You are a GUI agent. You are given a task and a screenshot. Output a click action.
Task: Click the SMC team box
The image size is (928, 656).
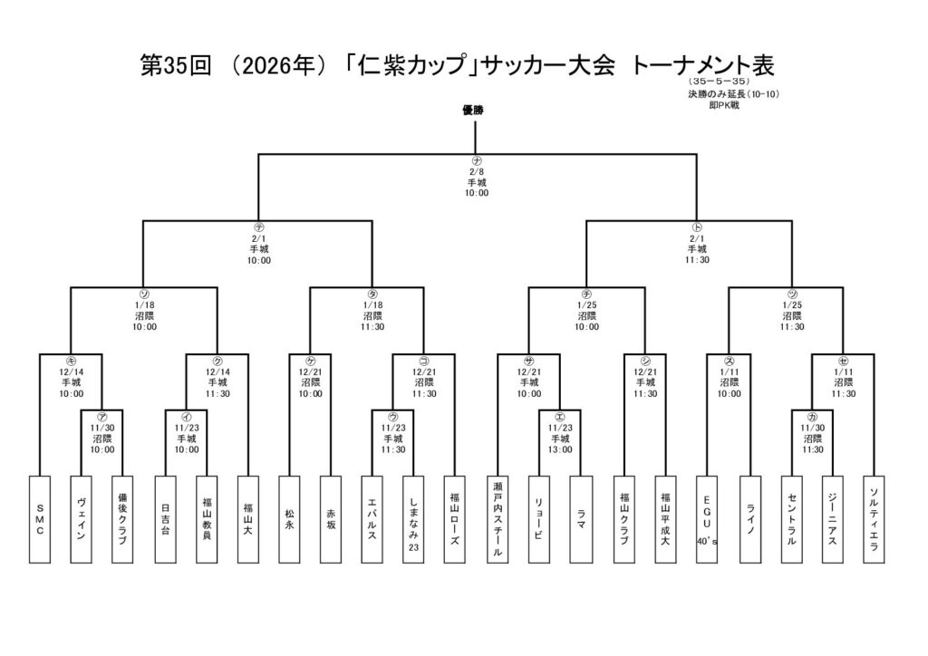(x=39, y=519)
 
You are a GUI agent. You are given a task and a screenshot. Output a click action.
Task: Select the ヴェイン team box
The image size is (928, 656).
(x=81, y=519)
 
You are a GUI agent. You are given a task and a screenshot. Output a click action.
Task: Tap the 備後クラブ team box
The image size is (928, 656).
(x=121, y=519)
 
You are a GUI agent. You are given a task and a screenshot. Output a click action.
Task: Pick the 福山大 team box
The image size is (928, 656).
(x=247, y=519)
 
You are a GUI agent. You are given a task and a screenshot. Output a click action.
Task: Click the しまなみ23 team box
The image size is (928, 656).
(x=413, y=519)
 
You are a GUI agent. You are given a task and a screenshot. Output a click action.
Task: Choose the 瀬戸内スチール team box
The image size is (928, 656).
(x=497, y=519)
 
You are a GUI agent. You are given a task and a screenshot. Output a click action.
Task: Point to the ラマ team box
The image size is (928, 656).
(x=580, y=519)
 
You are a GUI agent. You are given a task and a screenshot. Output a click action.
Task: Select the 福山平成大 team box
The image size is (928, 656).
(x=665, y=519)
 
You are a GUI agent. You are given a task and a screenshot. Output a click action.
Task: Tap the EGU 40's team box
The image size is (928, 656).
(x=707, y=519)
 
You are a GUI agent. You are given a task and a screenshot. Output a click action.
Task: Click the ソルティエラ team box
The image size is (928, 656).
(x=874, y=519)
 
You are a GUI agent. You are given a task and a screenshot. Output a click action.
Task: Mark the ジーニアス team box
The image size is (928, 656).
(x=833, y=519)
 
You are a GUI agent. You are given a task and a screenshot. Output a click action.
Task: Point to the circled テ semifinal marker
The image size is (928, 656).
(x=258, y=227)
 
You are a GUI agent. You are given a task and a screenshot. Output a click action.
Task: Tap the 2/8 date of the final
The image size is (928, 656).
(x=477, y=171)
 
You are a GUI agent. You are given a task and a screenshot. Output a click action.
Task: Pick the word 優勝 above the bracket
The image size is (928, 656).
(x=473, y=110)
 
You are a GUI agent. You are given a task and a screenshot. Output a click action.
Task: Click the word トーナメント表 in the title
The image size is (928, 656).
(x=703, y=65)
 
